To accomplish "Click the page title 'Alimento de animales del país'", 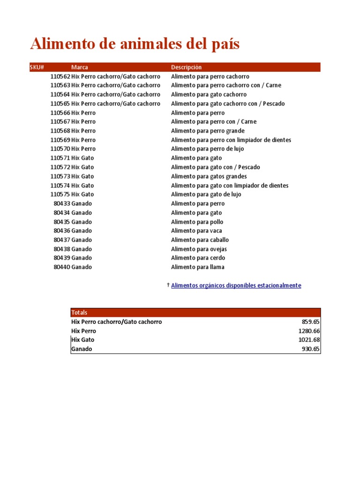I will (x=135, y=44).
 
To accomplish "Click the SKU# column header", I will (x=37, y=67).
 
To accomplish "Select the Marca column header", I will (x=80, y=67).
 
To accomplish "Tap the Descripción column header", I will (x=187, y=67).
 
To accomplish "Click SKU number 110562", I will (x=60, y=76).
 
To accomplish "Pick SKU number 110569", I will (x=60, y=140).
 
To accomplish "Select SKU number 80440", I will (x=62, y=267).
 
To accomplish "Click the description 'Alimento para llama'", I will (x=197, y=267).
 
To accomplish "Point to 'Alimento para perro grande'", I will (x=208, y=131).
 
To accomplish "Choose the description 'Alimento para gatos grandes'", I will (x=209, y=177).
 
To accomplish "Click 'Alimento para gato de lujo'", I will (x=206, y=195).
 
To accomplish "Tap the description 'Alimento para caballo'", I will (x=200, y=240).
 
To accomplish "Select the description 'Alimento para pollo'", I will (x=197, y=222).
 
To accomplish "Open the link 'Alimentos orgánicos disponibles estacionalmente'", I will (x=236, y=285).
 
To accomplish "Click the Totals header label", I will (x=79, y=313).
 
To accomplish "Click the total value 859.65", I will (x=311, y=322).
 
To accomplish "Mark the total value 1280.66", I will (x=309, y=331).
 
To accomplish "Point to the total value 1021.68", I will (x=309, y=340).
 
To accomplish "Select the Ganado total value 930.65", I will (x=311, y=349).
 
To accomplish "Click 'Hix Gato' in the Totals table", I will (x=83, y=340).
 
